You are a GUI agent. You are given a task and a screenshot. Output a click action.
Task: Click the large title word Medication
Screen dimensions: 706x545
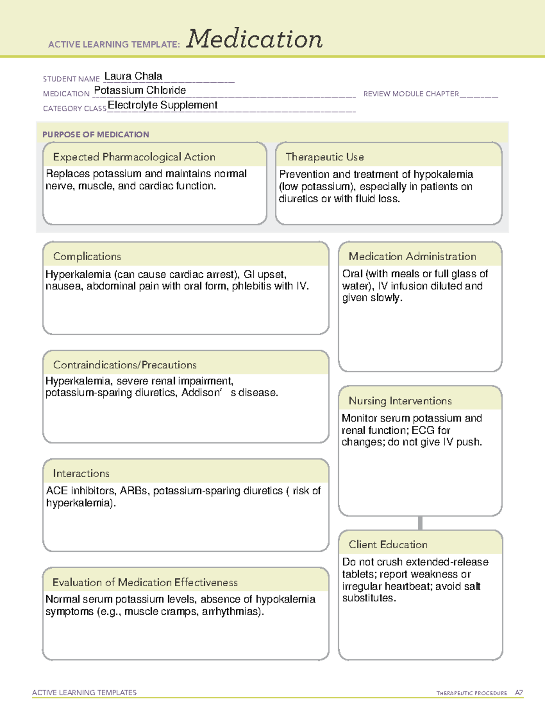pyautogui.click(x=254, y=39)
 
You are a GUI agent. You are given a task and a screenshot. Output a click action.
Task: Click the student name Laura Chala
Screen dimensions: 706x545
pyautogui.click(x=133, y=76)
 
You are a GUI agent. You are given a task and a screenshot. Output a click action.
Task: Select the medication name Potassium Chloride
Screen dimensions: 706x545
pyautogui.click(x=140, y=90)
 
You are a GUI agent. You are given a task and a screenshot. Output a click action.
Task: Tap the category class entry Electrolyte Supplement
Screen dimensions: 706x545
pyautogui.click(x=163, y=105)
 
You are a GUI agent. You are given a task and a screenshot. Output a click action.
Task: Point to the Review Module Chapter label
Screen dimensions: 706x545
pyautogui.click(x=411, y=94)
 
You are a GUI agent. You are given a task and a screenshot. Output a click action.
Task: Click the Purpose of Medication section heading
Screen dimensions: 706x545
pyautogui.click(x=95, y=135)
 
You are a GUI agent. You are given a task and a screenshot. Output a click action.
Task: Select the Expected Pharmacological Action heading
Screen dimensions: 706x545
pyautogui.click(x=134, y=157)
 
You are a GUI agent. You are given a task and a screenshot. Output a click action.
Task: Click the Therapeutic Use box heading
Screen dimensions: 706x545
pyautogui.click(x=325, y=157)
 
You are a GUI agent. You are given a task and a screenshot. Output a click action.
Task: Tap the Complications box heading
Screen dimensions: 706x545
pyautogui.click(x=87, y=256)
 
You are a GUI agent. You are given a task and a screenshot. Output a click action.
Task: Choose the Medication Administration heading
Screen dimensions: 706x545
pyautogui.click(x=412, y=256)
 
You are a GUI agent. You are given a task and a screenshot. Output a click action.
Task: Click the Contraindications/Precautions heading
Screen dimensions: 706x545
pyautogui.click(x=125, y=365)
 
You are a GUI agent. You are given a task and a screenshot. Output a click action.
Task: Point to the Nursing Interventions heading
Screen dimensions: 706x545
pyautogui.click(x=400, y=401)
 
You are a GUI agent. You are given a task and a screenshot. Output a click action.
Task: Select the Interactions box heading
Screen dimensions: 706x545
pyautogui.click(x=81, y=473)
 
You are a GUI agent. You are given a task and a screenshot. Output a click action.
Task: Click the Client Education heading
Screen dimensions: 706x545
pyautogui.click(x=388, y=544)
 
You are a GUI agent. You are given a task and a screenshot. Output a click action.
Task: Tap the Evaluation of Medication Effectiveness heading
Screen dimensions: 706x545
pyautogui.click(x=145, y=582)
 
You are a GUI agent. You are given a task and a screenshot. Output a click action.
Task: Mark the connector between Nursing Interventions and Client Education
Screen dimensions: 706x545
pyautogui.click(x=420, y=523)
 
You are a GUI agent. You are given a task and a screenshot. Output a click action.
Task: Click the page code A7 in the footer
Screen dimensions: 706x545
pyautogui.click(x=519, y=693)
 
